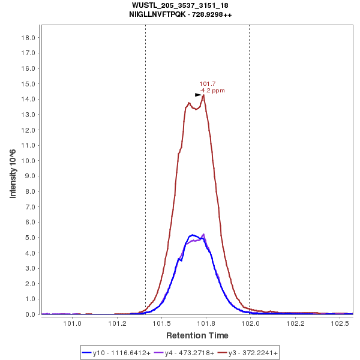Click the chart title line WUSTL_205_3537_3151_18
pyautogui.click(x=180, y=5)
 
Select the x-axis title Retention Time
pyautogui.click(x=197, y=335)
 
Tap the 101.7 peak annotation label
pyautogui.click(x=208, y=84)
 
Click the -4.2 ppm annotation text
pyautogui.click(x=212, y=91)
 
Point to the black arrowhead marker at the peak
pyautogui.click(x=198, y=95)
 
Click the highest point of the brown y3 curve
pyautogui.click(x=204, y=95)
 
